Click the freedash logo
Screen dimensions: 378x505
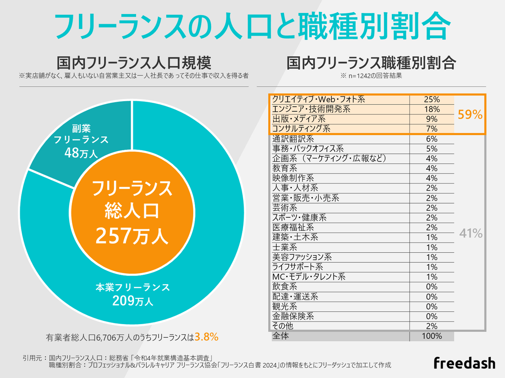(x=464, y=363)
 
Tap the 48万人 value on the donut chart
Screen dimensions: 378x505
(x=81, y=153)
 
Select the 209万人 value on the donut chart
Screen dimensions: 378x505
(x=133, y=301)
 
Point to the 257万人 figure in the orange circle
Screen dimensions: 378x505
(x=132, y=236)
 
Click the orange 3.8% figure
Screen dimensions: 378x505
(x=206, y=337)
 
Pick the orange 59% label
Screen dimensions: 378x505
(x=470, y=115)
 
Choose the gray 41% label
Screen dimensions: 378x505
(x=471, y=233)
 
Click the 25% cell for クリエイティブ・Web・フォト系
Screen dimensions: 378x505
(x=432, y=99)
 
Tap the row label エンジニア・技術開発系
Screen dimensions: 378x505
(x=311, y=109)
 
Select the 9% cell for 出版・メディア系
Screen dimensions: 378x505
(x=432, y=119)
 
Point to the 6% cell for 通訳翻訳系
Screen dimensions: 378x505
(x=432, y=139)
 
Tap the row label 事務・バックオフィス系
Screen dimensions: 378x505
(x=308, y=149)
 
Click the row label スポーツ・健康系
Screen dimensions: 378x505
(x=299, y=218)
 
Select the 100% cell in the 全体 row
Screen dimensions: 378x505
(x=432, y=336)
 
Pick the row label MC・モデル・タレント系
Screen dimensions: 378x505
(x=309, y=277)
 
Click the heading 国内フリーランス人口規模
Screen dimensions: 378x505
(x=134, y=63)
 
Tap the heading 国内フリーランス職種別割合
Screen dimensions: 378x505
(x=371, y=63)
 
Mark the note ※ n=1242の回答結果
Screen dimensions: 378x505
(x=371, y=76)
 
